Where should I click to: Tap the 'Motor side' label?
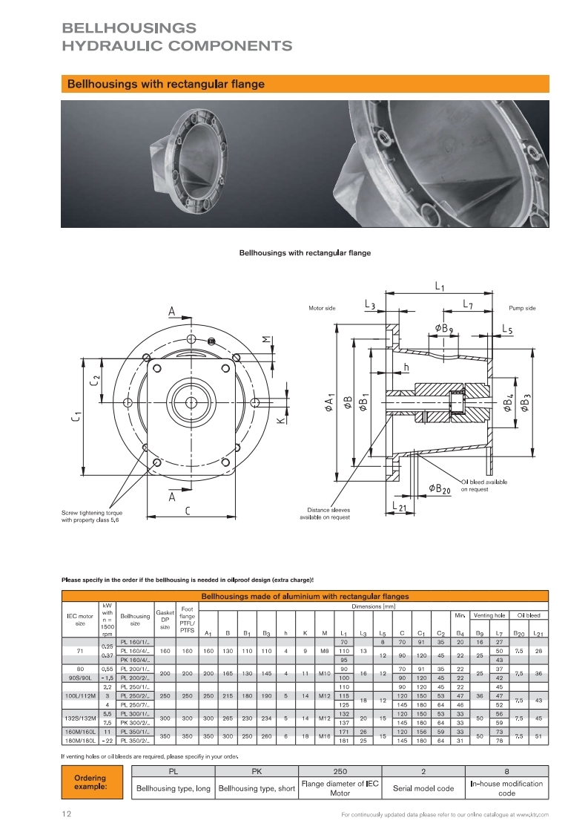(x=321, y=307)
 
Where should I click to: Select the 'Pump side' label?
(x=522, y=307)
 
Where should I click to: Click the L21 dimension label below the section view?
(x=399, y=508)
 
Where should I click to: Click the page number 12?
(x=67, y=814)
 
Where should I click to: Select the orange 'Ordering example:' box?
(x=90, y=782)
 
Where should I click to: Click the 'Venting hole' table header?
(x=489, y=615)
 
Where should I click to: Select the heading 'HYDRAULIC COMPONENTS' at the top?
(x=177, y=46)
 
